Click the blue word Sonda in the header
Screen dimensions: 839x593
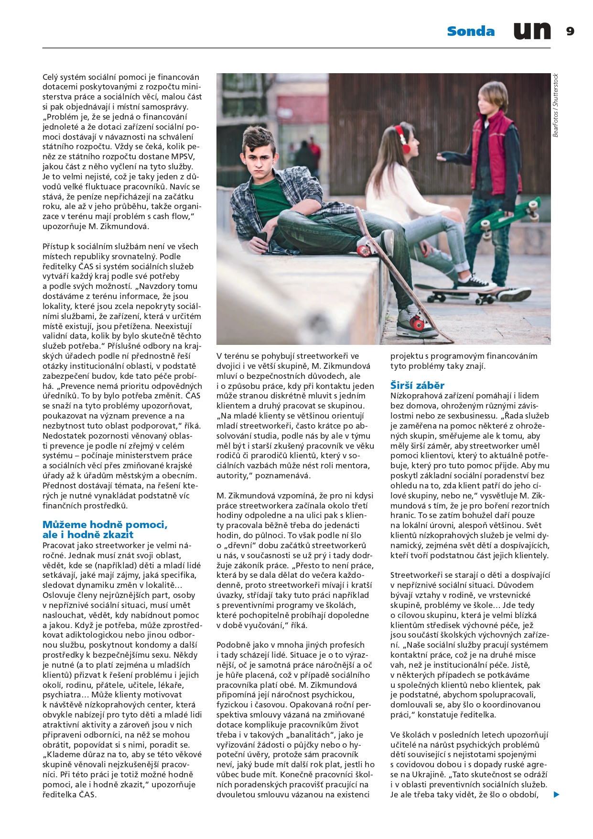coord(471,32)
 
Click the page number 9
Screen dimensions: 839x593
coord(570,32)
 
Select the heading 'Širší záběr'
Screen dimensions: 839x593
coord(417,386)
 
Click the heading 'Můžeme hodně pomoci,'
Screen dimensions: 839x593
coord(105,525)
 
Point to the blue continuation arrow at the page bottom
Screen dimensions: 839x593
coord(556,795)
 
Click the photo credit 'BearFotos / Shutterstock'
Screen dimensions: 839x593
coord(555,105)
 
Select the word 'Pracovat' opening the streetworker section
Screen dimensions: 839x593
coord(59,545)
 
